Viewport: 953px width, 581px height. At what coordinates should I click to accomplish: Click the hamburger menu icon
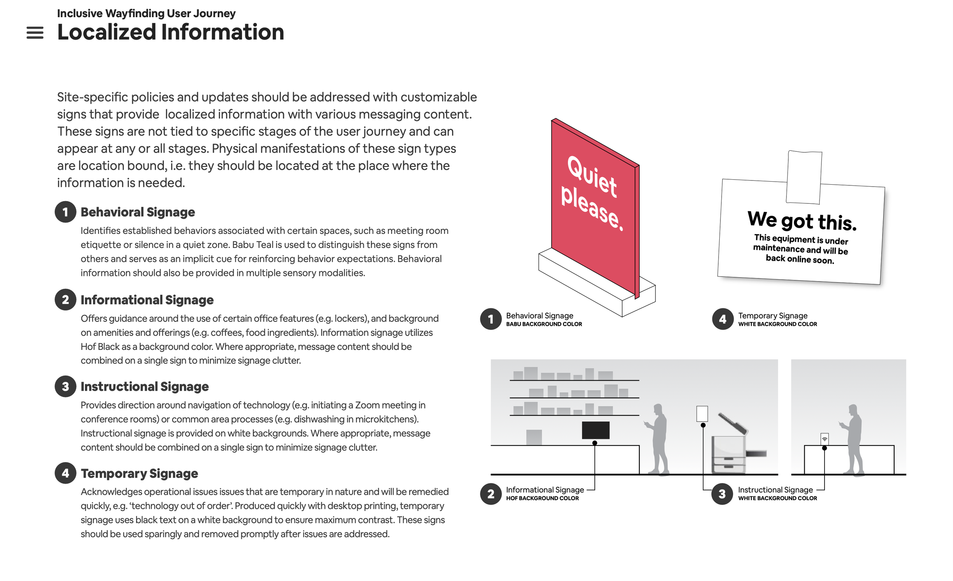point(35,33)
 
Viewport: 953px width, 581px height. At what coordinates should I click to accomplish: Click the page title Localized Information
point(170,32)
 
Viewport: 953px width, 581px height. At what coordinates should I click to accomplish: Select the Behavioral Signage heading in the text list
point(138,212)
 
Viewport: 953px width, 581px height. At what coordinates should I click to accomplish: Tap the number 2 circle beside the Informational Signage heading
point(65,299)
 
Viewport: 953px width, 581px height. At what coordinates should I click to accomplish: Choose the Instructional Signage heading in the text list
point(144,386)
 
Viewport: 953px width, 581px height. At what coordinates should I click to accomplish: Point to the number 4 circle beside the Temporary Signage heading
point(65,473)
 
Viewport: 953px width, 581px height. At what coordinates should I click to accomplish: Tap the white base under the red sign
point(580,279)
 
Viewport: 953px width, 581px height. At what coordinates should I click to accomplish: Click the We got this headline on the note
point(802,220)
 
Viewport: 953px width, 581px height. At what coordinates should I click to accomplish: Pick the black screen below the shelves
point(595,430)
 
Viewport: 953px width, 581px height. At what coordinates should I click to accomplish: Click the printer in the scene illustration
point(729,453)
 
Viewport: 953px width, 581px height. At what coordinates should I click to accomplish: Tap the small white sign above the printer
point(702,414)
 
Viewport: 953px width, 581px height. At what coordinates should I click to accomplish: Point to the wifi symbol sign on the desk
point(825,439)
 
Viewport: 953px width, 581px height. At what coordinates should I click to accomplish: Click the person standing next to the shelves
point(659,439)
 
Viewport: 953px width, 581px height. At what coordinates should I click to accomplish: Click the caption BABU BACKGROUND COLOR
point(544,324)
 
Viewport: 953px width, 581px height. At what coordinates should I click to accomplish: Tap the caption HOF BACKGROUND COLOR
point(542,499)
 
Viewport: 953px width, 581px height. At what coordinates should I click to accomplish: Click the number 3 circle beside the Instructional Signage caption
point(722,494)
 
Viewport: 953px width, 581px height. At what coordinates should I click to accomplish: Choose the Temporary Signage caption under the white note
point(773,316)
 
